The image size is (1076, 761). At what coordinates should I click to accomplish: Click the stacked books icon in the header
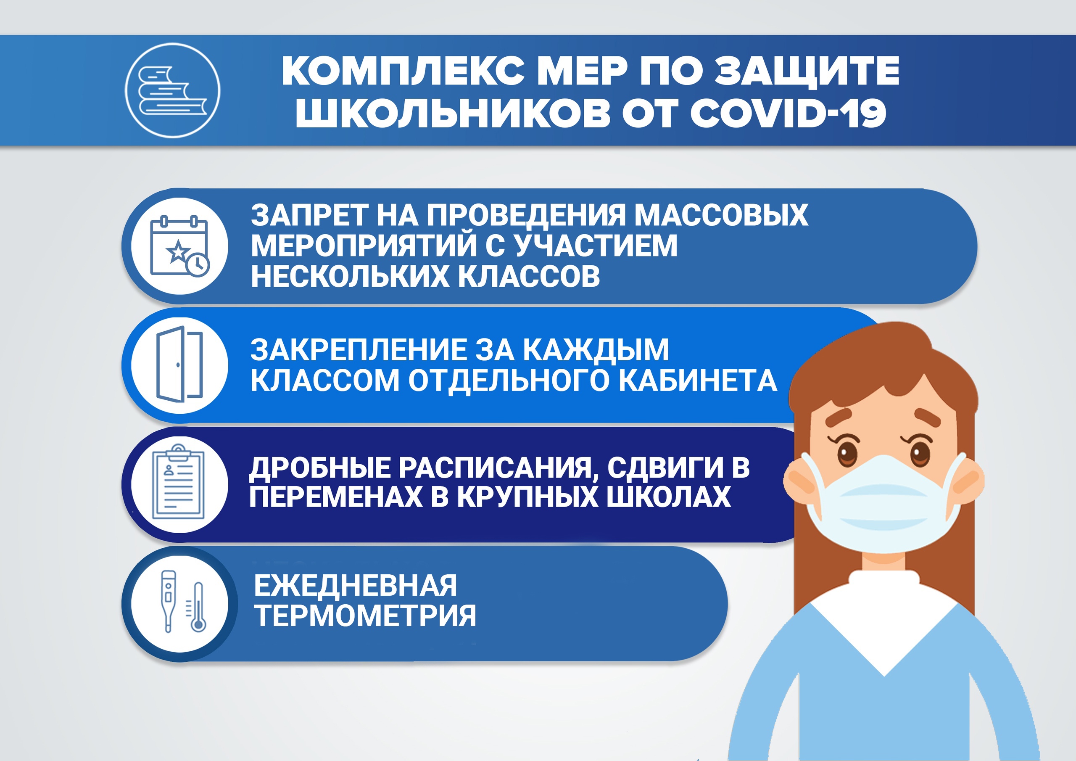coord(172,90)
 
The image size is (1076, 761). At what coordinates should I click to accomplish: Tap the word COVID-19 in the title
coord(788,113)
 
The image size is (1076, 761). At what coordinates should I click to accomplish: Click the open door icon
coord(179,365)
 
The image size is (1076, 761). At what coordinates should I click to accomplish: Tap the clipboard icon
coord(179,483)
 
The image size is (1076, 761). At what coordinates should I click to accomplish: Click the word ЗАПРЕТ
coord(309,215)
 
